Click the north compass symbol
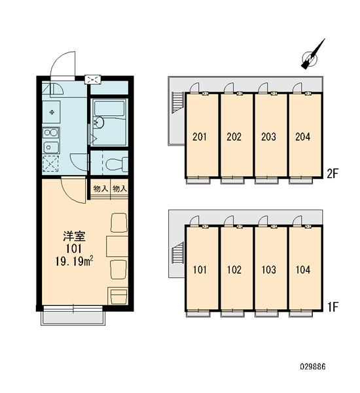point(312,56)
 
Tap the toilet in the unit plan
point(117,164)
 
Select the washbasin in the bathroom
point(99,122)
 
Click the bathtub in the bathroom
point(109,108)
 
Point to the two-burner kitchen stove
point(51,132)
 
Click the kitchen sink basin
point(51,147)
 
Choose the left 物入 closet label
point(100,189)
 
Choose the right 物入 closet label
point(120,189)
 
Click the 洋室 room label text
point(74,236)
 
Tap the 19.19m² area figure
point(74,261)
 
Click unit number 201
point(200,137)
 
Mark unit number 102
point(234,270)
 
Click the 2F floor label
point(333,174)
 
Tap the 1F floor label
point(333,307)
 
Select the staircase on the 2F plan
point(177,103)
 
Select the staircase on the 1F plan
point(177,253)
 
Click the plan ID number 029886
point(313,367)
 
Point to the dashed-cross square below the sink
point(50,164)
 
